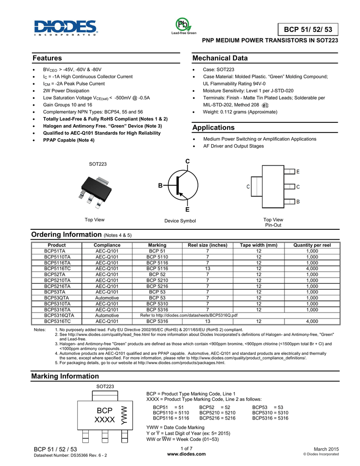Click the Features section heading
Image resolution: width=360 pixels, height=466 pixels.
point(47,58)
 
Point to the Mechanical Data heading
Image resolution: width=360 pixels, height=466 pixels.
point(220,58)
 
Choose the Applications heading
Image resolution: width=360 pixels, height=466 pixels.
point(213,127)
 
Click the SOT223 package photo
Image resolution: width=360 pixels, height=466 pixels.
point(95,187)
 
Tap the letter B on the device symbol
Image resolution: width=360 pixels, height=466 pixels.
point(160,186)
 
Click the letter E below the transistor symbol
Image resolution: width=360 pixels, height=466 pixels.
point(187,210)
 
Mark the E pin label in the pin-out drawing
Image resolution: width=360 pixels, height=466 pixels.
point(298,172)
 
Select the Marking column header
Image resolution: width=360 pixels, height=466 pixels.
point(157,245)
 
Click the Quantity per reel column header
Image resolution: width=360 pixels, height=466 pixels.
point(312,245)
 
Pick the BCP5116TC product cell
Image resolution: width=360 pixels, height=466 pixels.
point(57,268)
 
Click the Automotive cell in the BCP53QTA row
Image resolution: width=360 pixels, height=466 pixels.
point(107,298)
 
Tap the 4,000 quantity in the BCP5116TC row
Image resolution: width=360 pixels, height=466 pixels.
point(312,268)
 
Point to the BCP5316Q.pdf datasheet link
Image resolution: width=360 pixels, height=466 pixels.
point(188,315)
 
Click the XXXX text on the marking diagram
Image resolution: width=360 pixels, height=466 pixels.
point(104,420)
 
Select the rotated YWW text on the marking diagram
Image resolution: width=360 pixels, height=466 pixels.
point(123,415)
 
